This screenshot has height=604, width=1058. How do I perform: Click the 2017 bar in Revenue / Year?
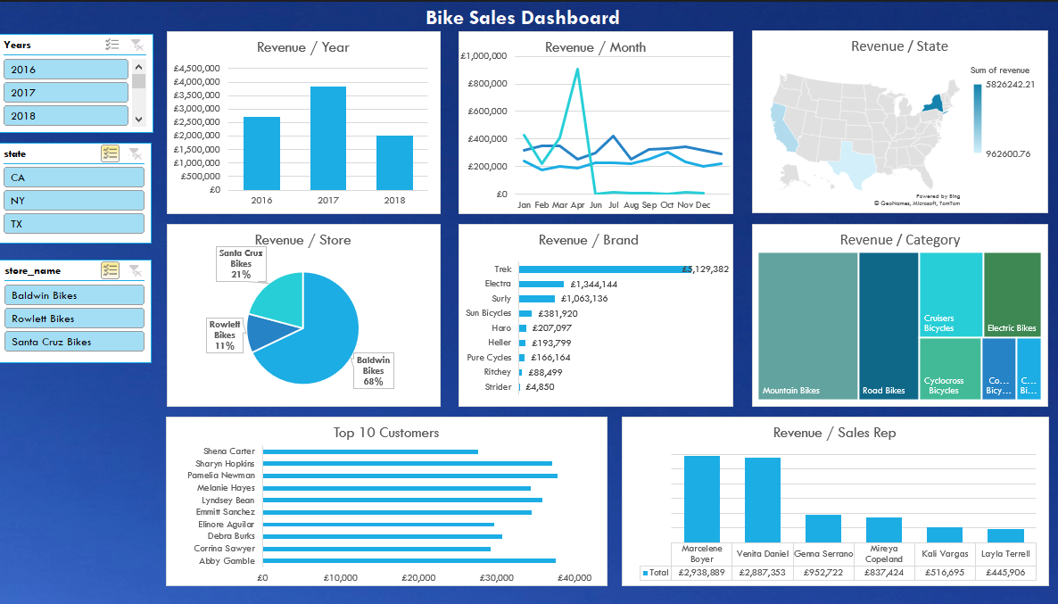[x=328, y=138]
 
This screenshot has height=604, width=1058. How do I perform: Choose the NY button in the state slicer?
[x=73, y=201]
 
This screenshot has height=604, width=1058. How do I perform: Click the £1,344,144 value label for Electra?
[x=593, y=285]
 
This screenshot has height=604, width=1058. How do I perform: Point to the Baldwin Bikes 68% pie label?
[x=373, y=370]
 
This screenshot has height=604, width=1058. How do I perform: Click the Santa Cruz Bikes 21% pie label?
[x=241, y=264]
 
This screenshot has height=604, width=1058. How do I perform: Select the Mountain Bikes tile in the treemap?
[x=807, y=326]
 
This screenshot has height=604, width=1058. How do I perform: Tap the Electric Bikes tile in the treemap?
[x=1012, y=294]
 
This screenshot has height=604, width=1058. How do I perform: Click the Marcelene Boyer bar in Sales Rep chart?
[x=702, y=499]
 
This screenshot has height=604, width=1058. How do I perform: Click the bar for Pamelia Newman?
[x=409, y=476]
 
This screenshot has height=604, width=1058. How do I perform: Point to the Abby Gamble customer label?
[x=227, y=561]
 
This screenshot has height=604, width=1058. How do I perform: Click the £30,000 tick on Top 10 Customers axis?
[x=497, y=578]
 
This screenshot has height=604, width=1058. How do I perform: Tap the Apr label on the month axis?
[x=577, y=205]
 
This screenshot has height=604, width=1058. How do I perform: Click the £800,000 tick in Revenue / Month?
[x=486, y=84]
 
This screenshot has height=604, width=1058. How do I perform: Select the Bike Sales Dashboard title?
[x=522, y=18]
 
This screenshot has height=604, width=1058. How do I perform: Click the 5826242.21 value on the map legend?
[x=1004, y=85]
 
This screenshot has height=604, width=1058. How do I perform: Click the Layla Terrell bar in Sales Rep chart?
[x=1005, y=535]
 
